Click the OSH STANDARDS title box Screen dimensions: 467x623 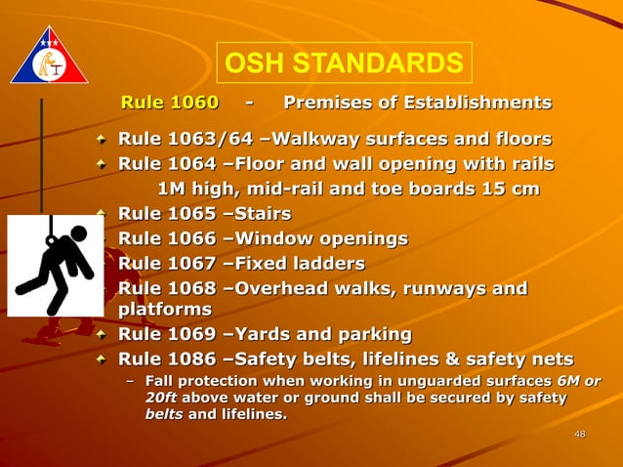[344, 64]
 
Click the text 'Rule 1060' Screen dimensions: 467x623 [169, 103]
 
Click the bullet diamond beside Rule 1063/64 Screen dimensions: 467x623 [103, 139]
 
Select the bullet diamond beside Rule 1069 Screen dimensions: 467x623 [103, 335]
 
